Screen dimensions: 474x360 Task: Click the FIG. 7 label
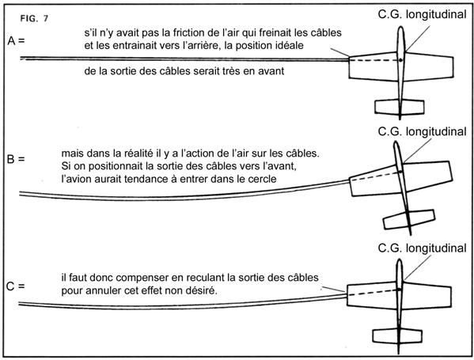click(34, 18)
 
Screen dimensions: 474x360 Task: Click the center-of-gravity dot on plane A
click(400, 60)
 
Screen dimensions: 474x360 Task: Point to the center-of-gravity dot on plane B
click(401, 172)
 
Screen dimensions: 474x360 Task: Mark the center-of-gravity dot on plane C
click(400, 290)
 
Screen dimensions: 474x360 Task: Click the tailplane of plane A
click(400, 107)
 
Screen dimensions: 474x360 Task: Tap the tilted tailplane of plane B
click(409, 219)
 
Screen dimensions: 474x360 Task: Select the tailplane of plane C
click(397, 335)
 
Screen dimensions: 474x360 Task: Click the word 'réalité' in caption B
click(137, 153)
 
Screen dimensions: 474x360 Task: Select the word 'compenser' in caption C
click(142, 278)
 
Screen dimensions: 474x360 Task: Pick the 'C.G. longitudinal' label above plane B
click(422, 131)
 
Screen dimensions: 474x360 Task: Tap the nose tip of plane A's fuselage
click(400, 27)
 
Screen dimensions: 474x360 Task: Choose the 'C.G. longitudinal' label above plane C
click(422, 248)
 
